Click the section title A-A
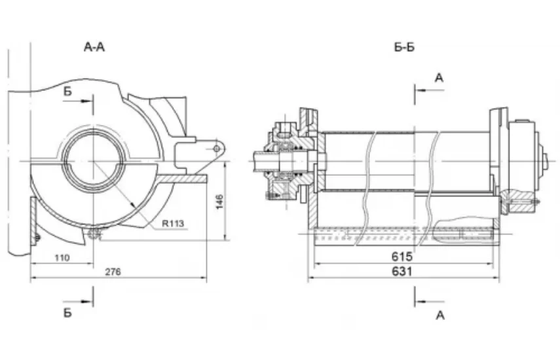point(94,47)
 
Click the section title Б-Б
point(404,47)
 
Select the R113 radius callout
point(173,224)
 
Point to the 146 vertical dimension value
point(219,202)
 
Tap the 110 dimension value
point(62,258)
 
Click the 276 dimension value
point(113,272)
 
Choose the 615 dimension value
point(402,257)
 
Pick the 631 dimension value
point(402,272)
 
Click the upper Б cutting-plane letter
point(67,92)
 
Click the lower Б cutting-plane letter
point(67,313)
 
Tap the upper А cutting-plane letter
point(439,78)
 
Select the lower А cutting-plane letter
point(440,315)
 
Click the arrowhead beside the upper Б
point(86,101)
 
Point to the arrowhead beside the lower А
point(421,302)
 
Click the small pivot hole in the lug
point(216,149)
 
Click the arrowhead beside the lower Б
point(86,302)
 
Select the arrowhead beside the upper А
point(421,90)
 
